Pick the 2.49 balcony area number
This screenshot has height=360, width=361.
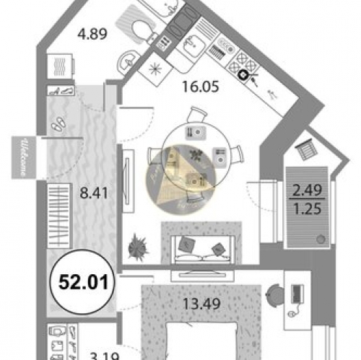tap(305, 190)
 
